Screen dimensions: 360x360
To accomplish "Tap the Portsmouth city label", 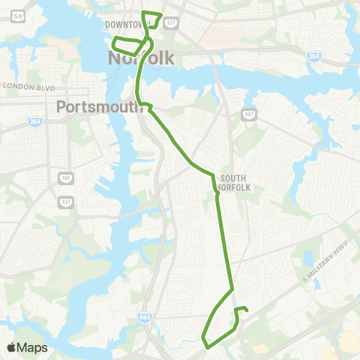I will point(100,107).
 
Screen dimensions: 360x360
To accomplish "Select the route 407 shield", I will point(248,113).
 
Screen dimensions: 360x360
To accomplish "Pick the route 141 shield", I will point(64,178).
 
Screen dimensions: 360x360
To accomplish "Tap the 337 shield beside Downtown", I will point(170,22).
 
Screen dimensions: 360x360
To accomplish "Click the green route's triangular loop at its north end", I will point(151,18).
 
